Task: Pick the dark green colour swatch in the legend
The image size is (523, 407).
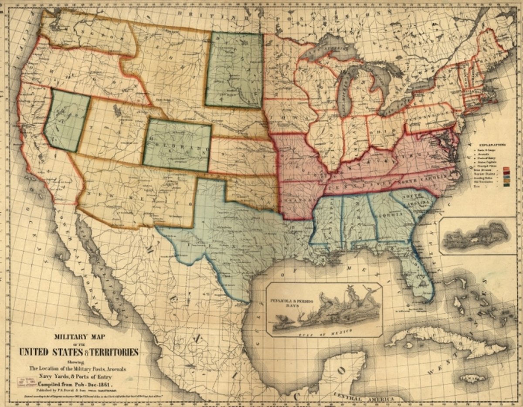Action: click(x=506, y=185)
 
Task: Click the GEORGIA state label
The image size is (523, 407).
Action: click(x=385, y=215)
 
